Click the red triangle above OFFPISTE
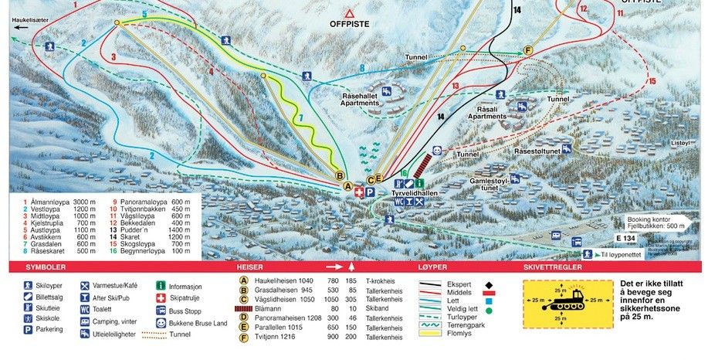(x=350, y=13)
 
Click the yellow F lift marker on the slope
(x=528, y=50)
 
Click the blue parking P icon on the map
(x=370, y=192)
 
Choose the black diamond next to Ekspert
(x=491, y=284)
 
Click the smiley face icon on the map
(x=437, y=151)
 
